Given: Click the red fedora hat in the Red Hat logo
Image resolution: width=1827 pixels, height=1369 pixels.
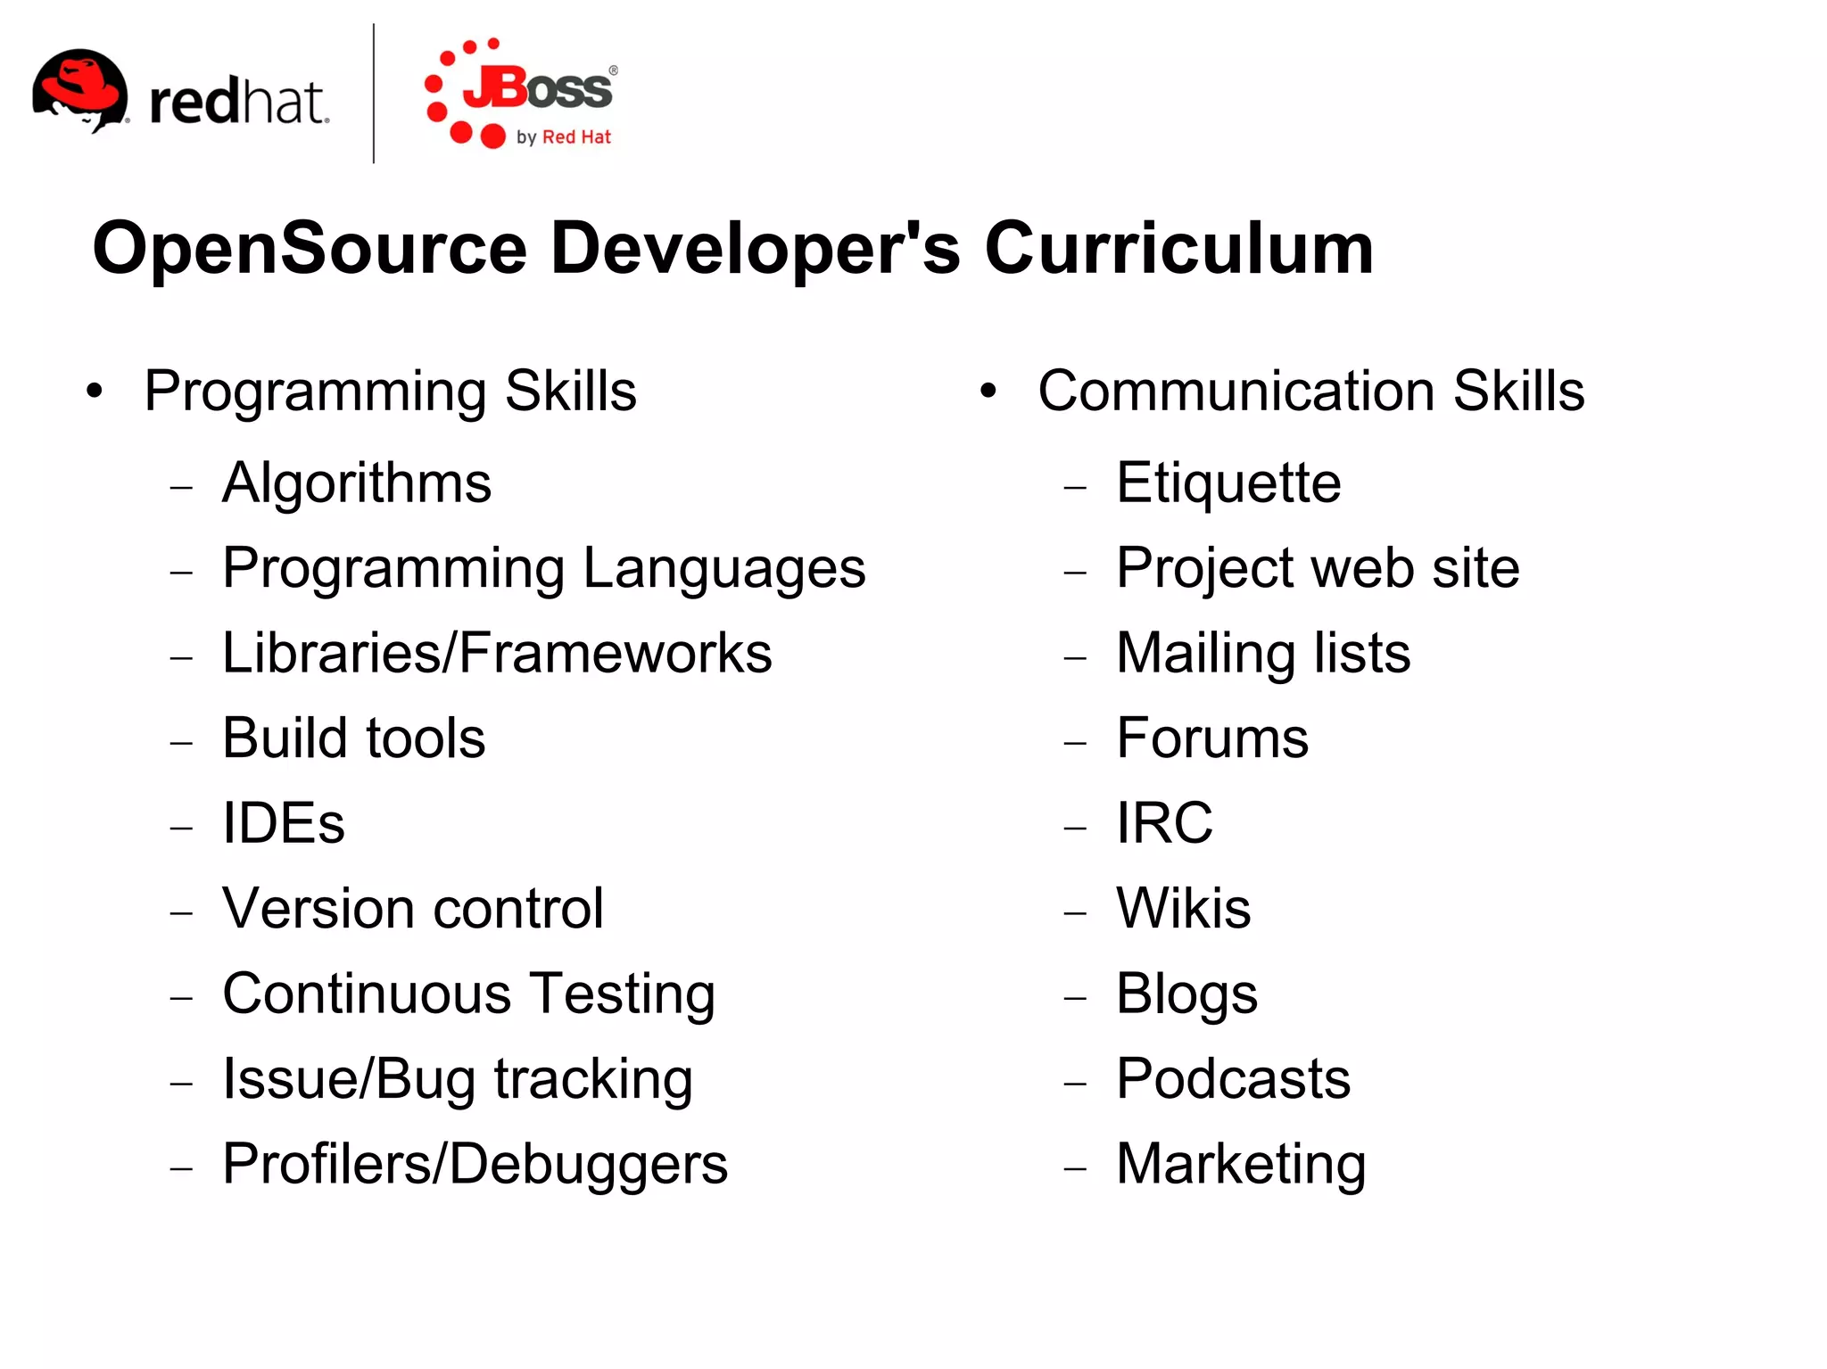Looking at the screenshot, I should tap(79, 85).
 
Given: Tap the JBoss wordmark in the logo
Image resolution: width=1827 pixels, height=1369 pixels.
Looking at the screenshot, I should tap(538, 89).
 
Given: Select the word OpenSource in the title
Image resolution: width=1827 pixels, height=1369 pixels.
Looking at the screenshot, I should tap(310, 250).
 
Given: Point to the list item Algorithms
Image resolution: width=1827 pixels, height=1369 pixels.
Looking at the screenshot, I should tap(357, 483).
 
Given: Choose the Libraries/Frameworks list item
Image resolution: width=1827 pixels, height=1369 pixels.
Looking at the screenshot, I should tap(497, 653).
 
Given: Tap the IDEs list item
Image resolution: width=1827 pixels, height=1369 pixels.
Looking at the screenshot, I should tap(283, 823).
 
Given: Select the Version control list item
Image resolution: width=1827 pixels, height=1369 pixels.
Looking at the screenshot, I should tap(413, 909).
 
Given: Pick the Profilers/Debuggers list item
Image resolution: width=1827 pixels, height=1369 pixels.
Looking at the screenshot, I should tap(475, 1165).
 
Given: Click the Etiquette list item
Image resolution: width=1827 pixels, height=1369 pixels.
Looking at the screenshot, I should tap(1228, 483).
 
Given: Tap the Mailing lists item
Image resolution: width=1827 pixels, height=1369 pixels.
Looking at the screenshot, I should tap(1263, 654).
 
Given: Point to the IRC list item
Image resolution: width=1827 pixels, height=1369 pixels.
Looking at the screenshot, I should tap(1164, 823).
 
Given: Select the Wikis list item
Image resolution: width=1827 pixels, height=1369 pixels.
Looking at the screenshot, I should tap(1183, 909).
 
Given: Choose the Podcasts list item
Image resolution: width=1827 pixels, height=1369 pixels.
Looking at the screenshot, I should tap(1233, 1079).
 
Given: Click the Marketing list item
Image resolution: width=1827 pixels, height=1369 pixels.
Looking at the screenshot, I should tap(1241, 1165).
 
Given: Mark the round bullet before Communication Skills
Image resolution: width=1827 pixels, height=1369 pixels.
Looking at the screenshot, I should tap(988, 391).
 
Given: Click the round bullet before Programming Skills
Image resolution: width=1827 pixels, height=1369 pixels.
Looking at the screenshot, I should tap(95, 391).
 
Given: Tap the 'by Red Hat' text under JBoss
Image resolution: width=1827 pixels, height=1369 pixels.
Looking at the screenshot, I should tap(564, 137).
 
